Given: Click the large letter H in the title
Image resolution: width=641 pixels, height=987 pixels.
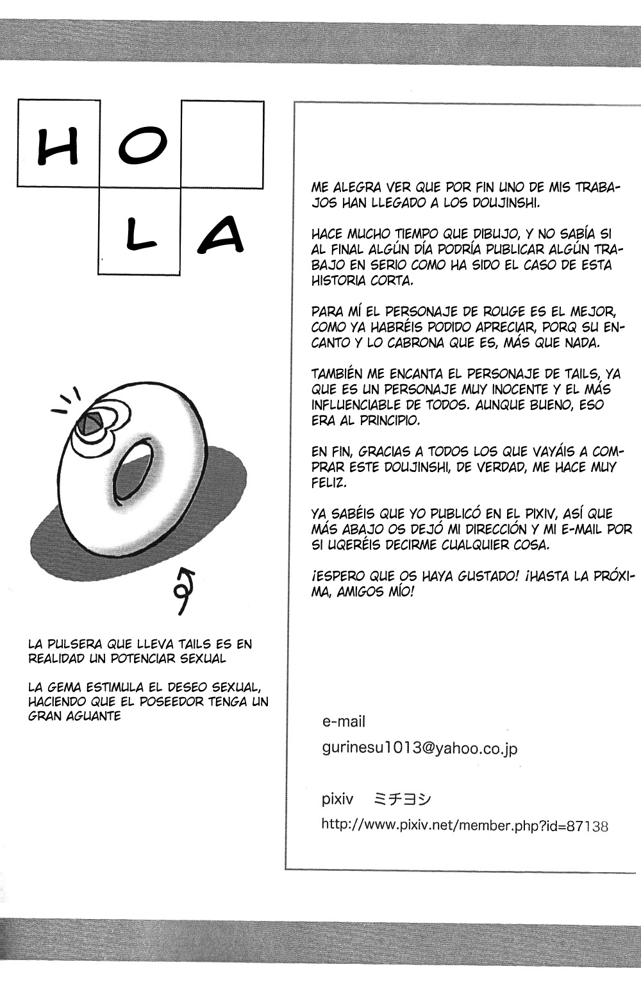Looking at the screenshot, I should pos(58,146).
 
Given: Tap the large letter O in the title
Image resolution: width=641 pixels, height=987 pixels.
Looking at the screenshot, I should pos(140,145).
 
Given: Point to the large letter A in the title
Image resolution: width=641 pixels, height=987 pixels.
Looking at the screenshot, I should pos(221,233).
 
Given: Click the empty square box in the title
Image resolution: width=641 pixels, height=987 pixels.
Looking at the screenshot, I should pos(222,144).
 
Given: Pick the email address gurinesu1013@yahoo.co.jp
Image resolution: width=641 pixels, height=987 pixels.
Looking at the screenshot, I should pos(420,748).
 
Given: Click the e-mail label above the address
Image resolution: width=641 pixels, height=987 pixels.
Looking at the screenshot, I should pos(344,721).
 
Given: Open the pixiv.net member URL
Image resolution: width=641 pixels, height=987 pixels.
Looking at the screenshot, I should pos(464,825).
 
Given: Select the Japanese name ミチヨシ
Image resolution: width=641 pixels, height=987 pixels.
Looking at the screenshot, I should pos(403,799).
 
